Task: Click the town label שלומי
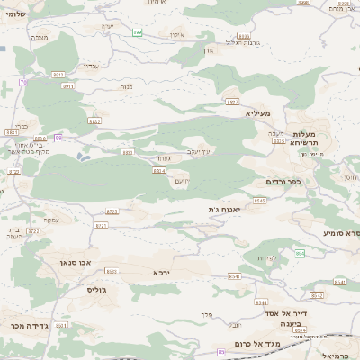14,14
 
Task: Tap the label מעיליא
257,114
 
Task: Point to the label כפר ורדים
283,182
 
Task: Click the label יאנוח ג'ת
222,210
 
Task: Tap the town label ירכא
161,272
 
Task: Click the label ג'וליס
97,290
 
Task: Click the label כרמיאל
344,356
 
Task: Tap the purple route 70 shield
24,82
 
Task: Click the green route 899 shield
138,32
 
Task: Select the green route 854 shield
300,254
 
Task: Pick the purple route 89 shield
58,137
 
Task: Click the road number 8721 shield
34,231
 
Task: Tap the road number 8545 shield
259,201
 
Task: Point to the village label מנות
126,86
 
